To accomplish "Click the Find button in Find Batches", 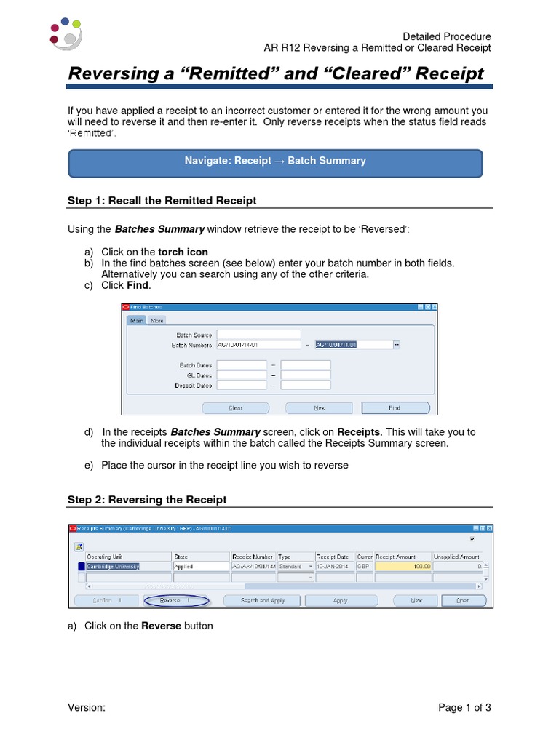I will pos(395,408).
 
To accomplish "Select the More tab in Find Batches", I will pos(157,320).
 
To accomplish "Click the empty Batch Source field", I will pos(258,335).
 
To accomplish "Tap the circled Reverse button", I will pos(175,601).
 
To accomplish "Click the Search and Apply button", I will pos(263,601).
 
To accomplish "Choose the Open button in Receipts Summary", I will pos(463,601).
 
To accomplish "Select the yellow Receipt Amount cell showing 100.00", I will pos(403,566).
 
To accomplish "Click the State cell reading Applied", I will pos(199,566).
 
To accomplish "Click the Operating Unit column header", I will pos(127,557).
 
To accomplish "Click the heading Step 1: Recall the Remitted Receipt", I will pos(162,201).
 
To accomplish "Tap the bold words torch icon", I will pos(183,252).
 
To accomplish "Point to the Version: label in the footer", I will pos(87,708).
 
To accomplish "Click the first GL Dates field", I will pos(241,375).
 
